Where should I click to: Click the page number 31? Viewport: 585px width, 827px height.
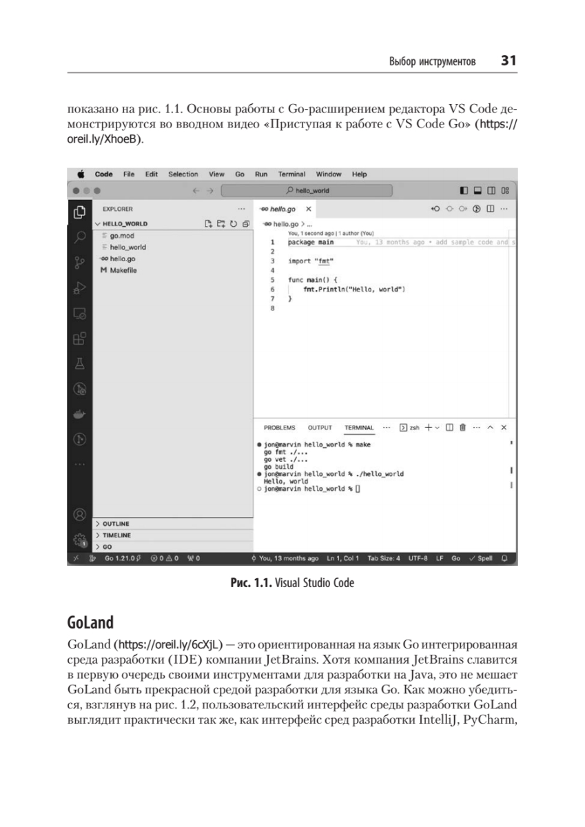[509, 61]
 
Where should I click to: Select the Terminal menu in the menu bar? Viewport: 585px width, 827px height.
[291, 174]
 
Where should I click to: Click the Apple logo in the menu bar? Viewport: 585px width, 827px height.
[81, 174]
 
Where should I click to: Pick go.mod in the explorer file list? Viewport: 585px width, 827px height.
[122, 236]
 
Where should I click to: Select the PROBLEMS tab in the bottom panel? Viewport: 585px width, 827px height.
[279, 428]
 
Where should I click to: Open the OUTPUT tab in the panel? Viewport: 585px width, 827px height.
[320, 428]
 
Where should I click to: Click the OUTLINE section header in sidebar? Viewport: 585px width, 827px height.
[116, 524]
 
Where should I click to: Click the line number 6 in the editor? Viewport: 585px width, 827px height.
[273, 290]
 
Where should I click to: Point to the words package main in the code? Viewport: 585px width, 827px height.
[311, 243]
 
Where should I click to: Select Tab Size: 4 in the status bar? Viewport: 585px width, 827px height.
[384, 558]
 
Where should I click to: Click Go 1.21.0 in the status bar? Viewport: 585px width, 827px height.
[121, 558]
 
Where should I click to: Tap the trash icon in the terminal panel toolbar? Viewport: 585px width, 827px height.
[463, 428]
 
